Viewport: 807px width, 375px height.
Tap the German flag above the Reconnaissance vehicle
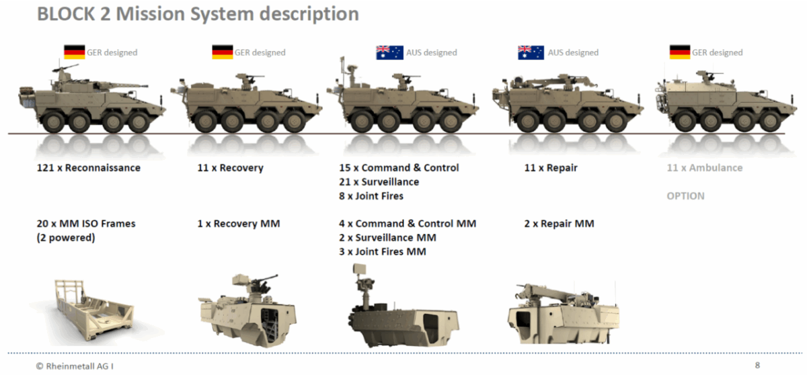74,52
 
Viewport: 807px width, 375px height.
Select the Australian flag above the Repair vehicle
531,52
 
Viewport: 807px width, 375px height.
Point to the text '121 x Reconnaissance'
89,168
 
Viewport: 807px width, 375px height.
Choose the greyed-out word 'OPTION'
685,196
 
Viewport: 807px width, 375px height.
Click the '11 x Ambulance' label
704,168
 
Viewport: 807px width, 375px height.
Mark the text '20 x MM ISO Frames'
86,224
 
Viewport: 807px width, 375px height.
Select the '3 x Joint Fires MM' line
383,252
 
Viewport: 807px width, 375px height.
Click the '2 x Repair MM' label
559,224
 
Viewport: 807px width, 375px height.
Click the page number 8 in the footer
757,366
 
